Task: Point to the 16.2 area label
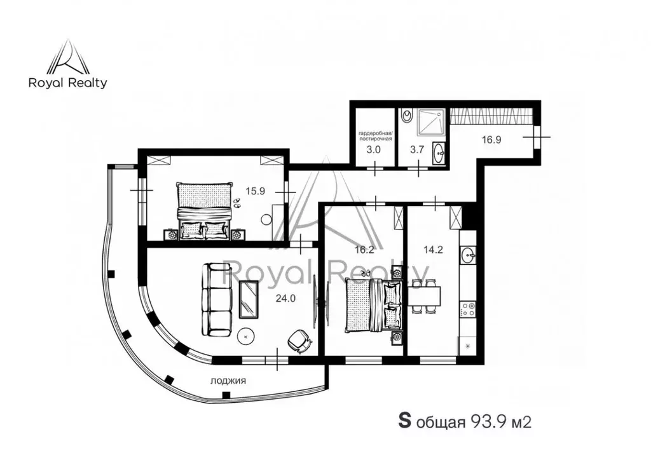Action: pyautogui.click(x=364, y=250)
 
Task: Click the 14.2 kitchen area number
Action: pyautogui.click(x=432, y=250)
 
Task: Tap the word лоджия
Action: pyautogui.click(x=228, y=381)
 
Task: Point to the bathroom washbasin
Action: pyautogui.click(x=439, y=152)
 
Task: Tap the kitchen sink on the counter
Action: pyautogui.click(x=469, y=256)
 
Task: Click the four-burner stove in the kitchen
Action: pyautogui.click(x=469, y=309)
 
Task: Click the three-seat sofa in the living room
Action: pyautogui.click(x=217, y=300)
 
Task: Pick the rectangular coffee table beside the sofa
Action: pyautogui.click(x=248, y=299)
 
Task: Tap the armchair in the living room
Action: pyautogui.click(x=299, y=341)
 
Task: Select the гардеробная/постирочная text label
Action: pyautogui.click(x=374, y=135)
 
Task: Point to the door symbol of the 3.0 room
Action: pyautogui.click(x=375, y=168)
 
